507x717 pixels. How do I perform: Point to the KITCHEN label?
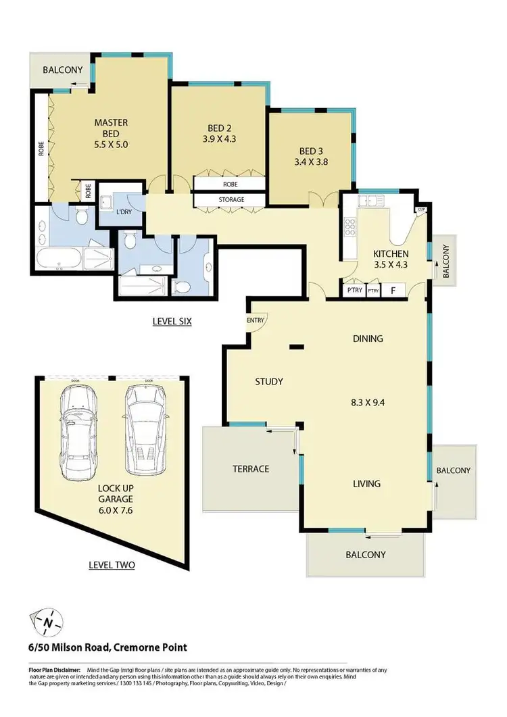(x=391, y=254)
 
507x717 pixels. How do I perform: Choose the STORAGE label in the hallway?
(x=231, y=200)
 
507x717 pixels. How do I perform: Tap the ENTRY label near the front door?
(x=256, y=320)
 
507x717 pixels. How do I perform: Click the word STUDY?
(x=268, y=381)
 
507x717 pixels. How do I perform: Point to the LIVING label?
(x=366, y=484)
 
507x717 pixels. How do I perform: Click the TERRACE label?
(x=251, y=469)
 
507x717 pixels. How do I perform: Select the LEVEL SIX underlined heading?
(x=172, y=322)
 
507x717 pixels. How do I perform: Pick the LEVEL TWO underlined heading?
(x=112, y=564)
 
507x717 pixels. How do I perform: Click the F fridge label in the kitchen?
(x=392, y=291)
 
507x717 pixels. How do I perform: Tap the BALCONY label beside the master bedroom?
(x=62, y=70)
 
